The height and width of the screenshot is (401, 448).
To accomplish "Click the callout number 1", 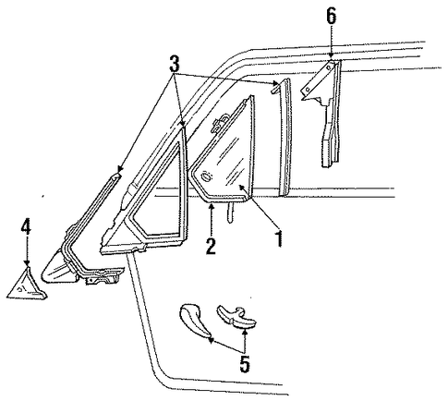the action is pyautogui.click(x=279, y=239).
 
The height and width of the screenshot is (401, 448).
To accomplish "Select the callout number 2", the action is pyautogui.click(x=211, y=245).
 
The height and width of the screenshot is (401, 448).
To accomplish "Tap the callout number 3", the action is pyautogui.click(x=175, y=64).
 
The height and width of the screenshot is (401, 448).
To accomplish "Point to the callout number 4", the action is pyautogui.click(x=26, y=227).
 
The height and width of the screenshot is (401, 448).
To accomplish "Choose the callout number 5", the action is pyautogui.click(x=244, y=364).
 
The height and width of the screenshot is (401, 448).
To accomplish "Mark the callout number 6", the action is pyautogui.click(x=332, y=16).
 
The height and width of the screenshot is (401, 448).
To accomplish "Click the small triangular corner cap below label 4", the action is pyautogui.click(x=27, y=285).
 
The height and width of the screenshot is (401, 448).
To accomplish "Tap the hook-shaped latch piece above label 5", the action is pyautogui.click(x=237, y=317).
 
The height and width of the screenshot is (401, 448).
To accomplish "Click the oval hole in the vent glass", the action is pyautogui.click(x=205, y=176).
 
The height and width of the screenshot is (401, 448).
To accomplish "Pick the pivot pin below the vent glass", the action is pyautogui.click(x=230, y=212).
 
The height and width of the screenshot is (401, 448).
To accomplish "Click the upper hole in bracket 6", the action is pyautogui.click(x=329, y=67).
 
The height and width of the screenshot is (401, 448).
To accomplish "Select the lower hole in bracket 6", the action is pyautogui.click(x=308, y=90).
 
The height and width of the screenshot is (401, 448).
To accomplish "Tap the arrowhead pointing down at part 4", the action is pyautogui.click(x=27, y=262).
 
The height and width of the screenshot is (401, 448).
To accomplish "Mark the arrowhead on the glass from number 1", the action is pyautogui.click(x=242, y=187).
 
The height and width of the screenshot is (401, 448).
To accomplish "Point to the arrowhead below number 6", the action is pyautogui.click(x=332, y=55).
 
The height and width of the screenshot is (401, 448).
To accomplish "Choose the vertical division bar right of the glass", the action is pyautogui.click(x=285, y=137).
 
